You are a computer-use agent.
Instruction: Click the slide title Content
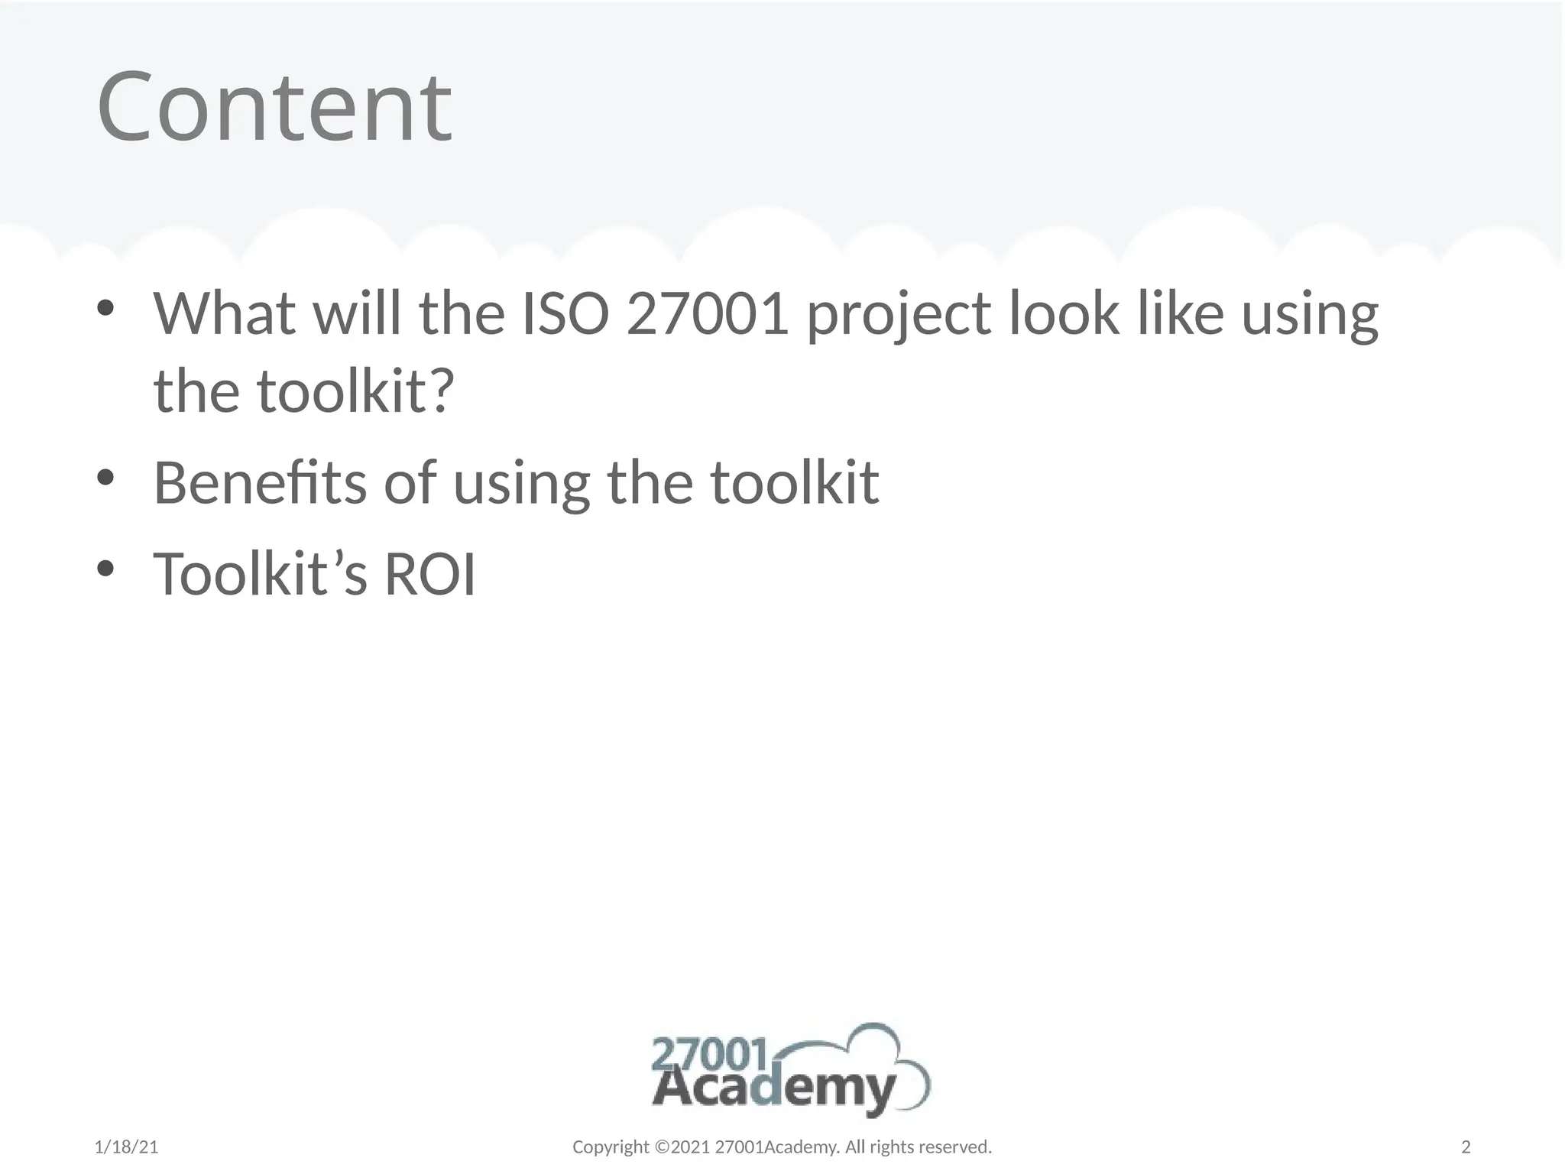tap(274, 106)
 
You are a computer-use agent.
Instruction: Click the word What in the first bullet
tap(224, 313)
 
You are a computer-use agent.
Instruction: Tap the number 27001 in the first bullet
tap(707, 313)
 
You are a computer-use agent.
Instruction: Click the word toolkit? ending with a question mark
tap(356, 391)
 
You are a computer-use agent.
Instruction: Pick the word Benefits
tap(259, 483)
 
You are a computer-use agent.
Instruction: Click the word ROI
tap(429, 575)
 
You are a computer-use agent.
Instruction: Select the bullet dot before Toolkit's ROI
tap(105, 569)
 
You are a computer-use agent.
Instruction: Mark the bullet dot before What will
tap(105, 308)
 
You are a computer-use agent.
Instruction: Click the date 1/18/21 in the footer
tap(126, 1147)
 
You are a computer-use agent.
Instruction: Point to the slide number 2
tap(1466, 1147)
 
